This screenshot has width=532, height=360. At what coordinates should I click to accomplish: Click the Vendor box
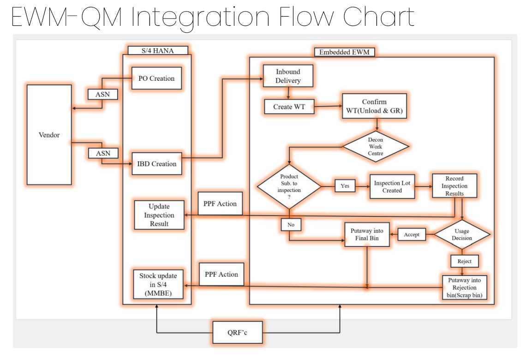tap(49, 135)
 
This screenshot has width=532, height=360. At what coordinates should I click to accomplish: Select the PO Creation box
tap(156, 78)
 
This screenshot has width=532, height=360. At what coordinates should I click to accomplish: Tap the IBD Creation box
tap(156, 164)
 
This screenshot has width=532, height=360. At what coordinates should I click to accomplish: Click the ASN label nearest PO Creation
tap(103, 94)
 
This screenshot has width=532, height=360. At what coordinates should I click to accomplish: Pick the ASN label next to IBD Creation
tap(103, 153)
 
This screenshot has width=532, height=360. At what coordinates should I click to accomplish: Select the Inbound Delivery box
tap(288, 76)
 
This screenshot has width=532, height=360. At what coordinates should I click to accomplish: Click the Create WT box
tap(289, 107)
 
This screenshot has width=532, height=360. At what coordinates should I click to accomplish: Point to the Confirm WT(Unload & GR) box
tap(374, 107)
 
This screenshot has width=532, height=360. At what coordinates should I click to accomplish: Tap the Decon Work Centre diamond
tap(376, 147)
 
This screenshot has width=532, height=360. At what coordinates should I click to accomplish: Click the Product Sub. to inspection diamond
tap(289, 186)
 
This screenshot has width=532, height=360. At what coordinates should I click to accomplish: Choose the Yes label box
tap(345, 186)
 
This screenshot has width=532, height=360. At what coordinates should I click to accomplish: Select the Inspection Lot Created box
tap(392, 186)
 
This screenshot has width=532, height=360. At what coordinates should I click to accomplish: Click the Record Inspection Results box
tap(454, 186)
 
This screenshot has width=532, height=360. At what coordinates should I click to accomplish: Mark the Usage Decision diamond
tap(462, 234)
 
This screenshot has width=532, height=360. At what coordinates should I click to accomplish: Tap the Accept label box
tap(412, 234)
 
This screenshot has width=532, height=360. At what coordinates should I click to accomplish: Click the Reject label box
tap(464, 261)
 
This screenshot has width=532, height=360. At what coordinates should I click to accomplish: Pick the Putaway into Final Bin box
tap(367, 234)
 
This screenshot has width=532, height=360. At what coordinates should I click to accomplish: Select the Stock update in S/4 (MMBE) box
tap(158, 284)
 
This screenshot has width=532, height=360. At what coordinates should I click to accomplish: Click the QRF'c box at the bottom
tap(238, 333)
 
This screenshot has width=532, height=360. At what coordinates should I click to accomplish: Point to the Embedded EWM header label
tap(344, 52)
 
